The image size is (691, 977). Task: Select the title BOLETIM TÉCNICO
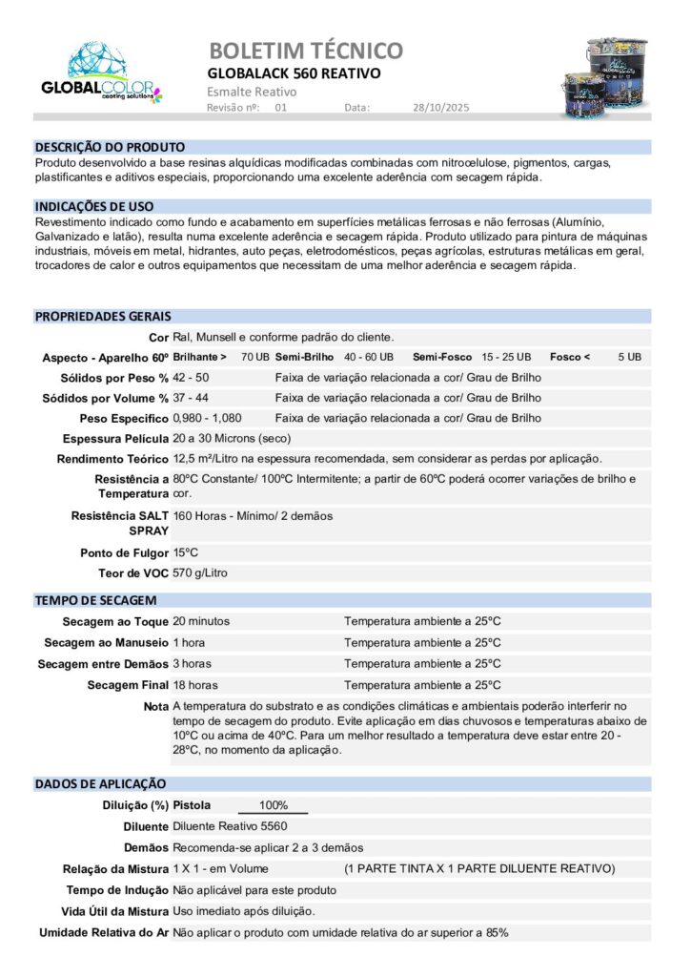305,51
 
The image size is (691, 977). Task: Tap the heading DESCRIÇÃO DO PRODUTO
110,148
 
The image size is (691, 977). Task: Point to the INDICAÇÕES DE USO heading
94,206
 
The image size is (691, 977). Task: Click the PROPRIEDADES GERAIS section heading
103,317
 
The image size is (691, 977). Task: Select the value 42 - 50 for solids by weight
191,378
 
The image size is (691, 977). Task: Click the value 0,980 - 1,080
207,418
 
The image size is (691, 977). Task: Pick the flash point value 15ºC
186,552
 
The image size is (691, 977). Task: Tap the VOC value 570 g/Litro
200,573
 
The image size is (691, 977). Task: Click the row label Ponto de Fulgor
124,553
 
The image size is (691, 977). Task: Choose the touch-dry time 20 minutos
201,621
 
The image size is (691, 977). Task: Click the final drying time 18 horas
195,685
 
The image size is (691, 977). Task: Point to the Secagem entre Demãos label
103,664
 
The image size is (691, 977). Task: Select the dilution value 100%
273,805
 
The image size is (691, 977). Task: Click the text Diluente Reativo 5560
230,826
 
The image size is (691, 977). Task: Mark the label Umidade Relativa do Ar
104,932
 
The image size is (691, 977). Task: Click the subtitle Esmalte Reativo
252,92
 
